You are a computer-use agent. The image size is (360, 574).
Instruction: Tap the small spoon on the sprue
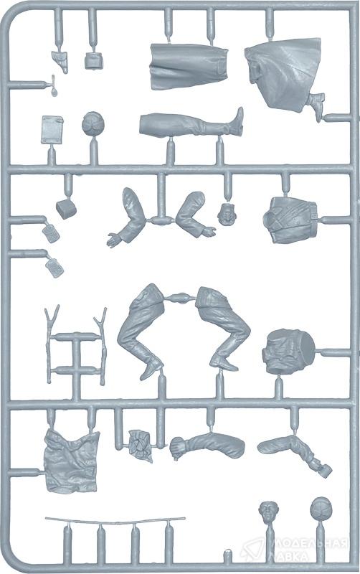[x=54, y=86]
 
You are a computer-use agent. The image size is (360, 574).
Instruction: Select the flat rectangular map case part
[x=52, y=130]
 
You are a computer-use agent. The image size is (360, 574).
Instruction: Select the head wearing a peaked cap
[x=227, y=214]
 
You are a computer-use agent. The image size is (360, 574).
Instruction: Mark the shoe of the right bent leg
[x=224, y=362]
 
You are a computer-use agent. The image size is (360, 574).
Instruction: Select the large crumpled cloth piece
[x=72, y=461]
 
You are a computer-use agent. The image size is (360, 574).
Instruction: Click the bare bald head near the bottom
[x=268, y=512]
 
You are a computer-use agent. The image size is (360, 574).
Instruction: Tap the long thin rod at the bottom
[x=115, y=520]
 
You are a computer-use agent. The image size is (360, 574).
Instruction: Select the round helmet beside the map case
[x=93, y=123]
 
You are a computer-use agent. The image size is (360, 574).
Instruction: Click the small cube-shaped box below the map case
[x=66, y=209]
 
